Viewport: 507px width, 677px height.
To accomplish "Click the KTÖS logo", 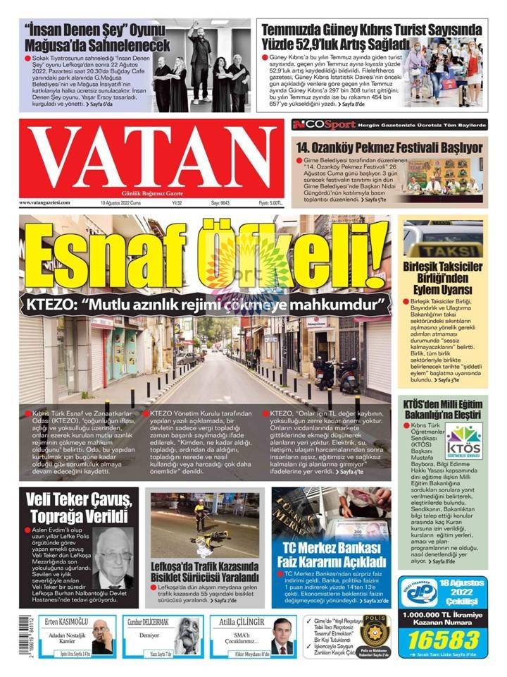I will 463,441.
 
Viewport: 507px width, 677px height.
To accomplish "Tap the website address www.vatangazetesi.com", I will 45,203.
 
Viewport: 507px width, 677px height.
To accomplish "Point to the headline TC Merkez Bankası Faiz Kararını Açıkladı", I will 332,556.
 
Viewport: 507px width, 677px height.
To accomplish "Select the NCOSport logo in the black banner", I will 335,124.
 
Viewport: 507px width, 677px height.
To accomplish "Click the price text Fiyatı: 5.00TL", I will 270,203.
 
